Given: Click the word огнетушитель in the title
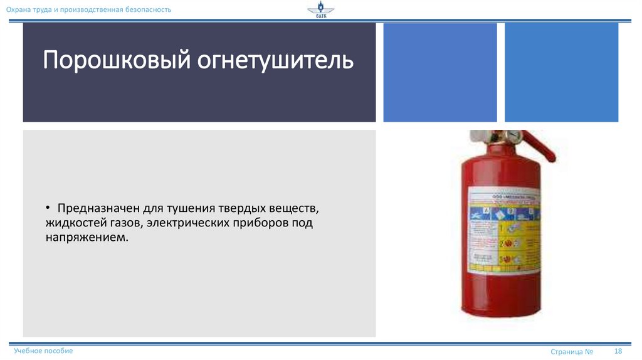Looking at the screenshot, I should point(275,61).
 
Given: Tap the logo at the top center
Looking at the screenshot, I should point(321,11).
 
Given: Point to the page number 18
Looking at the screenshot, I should point(618,351).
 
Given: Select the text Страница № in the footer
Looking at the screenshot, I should point(572,352).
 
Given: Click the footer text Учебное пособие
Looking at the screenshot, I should point(43,351).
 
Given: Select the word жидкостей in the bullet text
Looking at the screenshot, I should point(71,223).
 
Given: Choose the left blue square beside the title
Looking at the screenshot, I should point(439,72).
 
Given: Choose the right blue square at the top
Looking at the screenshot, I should point(561,72).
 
